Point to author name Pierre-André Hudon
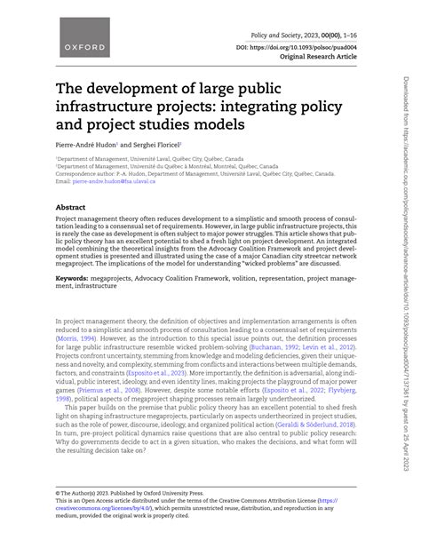pyautogui.click(x=87, y=142)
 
